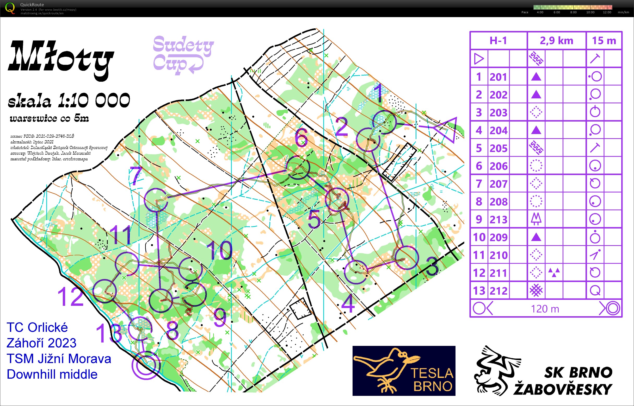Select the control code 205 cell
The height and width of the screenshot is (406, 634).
498,148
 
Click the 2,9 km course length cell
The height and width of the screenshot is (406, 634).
556,41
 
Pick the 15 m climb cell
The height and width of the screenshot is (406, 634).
604,41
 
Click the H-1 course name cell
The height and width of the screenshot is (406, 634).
498,41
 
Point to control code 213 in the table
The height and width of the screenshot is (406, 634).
498,219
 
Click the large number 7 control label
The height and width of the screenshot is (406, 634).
137,175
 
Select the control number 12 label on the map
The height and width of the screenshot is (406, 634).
70,297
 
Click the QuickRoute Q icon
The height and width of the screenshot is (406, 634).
10,8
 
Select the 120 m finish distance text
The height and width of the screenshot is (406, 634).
545,309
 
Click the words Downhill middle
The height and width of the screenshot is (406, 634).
52,374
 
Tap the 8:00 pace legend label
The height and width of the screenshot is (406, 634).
573,12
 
